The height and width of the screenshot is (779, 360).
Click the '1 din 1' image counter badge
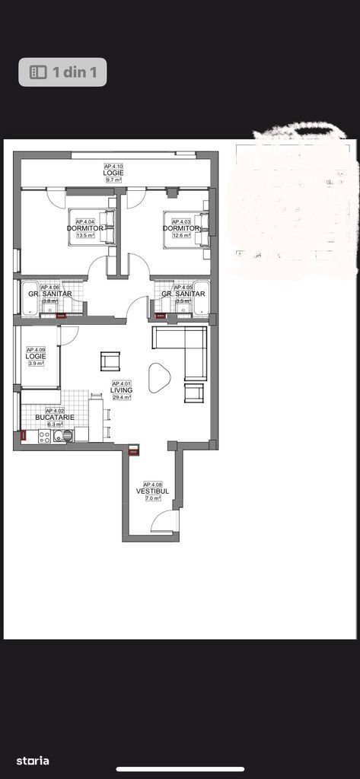(x=62, y=72)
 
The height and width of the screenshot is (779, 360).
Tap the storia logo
(x=33, y=760)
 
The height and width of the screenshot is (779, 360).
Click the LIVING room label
(x=122, y=390)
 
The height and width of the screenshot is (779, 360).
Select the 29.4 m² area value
(x=122, y=397)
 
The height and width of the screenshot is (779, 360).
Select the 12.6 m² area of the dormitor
(x=181, y=235)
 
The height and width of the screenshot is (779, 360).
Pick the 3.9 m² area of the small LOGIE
(x=36, y=364)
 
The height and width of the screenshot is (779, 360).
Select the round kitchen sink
(x=67, y=436)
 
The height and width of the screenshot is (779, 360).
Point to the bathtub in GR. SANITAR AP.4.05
(x=200, y=299)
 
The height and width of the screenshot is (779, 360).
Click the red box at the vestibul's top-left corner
(x=134, y=450)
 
